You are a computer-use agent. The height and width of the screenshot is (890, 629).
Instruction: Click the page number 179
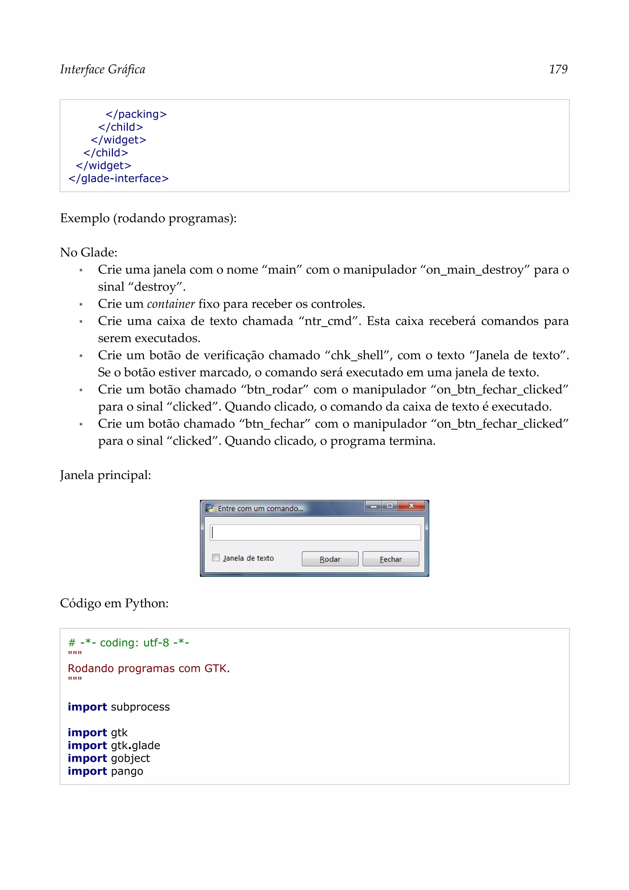tap(558, 69)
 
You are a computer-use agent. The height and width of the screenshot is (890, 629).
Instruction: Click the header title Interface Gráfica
tap(103, 69)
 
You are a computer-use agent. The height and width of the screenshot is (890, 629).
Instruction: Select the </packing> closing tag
tap(136, 114)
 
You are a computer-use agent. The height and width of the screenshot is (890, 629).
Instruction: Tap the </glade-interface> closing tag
tap(119, 178)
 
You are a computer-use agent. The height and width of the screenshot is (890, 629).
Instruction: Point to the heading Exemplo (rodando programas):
tap(148, 218)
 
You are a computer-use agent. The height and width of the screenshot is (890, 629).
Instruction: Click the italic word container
tap(170, 304)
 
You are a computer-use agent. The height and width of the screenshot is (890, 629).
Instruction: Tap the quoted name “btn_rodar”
tap(275, 390)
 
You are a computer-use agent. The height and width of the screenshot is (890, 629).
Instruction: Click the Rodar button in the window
tap(330, 559)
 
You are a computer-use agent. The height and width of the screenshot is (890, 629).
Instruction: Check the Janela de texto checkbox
tap(216, 558)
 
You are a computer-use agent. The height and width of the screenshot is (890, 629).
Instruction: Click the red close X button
tap(411, 506)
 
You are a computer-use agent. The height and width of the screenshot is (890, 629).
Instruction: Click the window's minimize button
tap(373, 506)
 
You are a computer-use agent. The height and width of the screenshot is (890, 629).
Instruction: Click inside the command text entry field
tap(315, 533)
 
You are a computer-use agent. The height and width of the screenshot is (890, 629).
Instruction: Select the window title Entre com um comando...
tap(260, 509)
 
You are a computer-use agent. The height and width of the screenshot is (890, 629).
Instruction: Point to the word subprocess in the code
tap(140, 707)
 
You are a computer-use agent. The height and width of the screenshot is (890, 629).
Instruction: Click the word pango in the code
tap(127, 771)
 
